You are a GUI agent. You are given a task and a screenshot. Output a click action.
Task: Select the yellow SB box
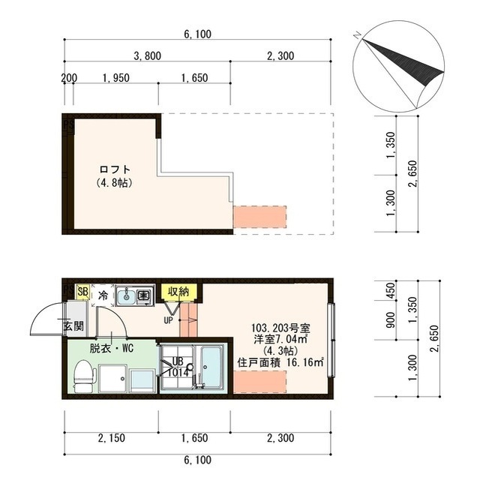82,291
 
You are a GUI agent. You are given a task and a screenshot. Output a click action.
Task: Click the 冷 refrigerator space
103,295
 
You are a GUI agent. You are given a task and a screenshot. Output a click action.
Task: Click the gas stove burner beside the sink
142,295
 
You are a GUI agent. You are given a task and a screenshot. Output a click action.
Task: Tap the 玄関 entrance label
73,326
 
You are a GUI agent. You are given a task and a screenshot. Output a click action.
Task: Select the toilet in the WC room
83,376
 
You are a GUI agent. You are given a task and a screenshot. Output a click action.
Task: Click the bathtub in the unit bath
211,367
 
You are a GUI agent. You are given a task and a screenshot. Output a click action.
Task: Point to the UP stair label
168,320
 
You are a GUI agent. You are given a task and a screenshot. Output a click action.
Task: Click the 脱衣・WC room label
112,348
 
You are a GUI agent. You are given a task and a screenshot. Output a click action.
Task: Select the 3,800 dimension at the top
148,56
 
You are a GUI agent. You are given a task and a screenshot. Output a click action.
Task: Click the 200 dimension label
69,78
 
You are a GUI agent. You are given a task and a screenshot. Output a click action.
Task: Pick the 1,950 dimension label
116,78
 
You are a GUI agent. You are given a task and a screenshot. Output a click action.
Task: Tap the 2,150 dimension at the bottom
112,438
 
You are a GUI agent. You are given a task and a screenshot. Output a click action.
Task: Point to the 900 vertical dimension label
391,320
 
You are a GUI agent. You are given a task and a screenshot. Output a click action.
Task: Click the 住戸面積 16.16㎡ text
280,363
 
